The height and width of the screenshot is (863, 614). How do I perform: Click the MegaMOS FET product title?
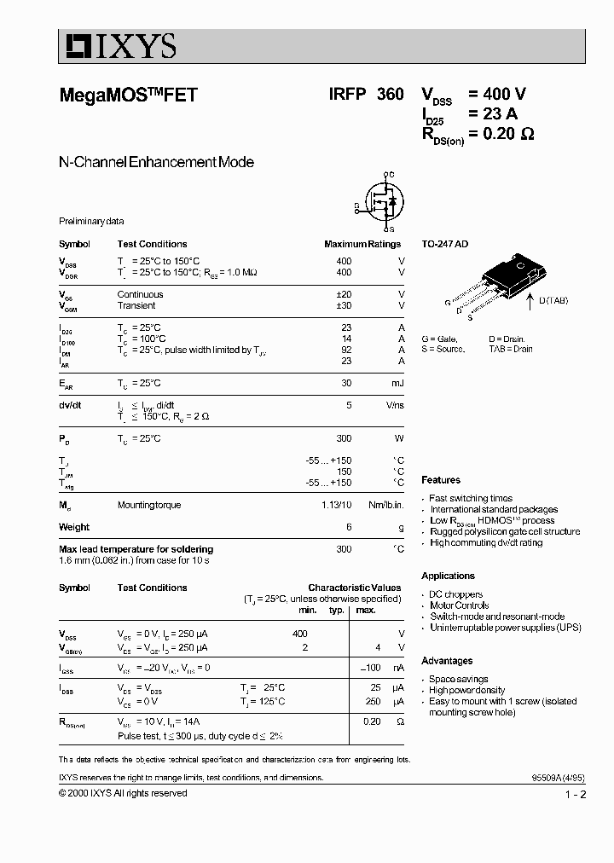(x=128, y=96)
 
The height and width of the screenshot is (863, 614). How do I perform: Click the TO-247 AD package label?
(x=444, y=244)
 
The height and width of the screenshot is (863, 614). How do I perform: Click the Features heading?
(x=441, y=480)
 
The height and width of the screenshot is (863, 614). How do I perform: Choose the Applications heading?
(x=448, y=576)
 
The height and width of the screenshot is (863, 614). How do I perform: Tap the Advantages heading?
(x=447, y=660)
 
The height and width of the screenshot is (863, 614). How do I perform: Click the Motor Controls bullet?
(x=459, y=605)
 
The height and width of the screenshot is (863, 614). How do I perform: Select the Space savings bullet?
(x=459, y=679)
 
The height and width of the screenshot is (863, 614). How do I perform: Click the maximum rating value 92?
(x=345, y=350)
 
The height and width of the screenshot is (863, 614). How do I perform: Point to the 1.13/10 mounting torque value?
(x=336, y=505)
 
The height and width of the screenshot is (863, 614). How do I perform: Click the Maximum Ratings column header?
(x=362, y=244)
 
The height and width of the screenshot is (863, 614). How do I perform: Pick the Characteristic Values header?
(x=354, y=588)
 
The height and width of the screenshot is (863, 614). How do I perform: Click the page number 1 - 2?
(x=575, y=795)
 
